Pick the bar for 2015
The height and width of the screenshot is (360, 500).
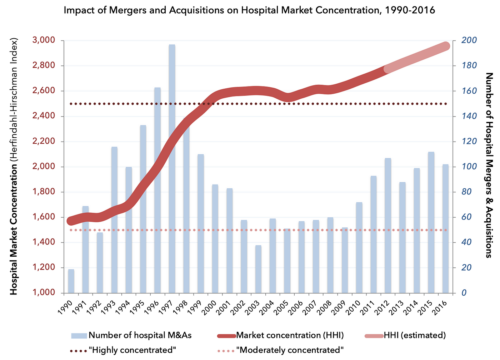[431, 222]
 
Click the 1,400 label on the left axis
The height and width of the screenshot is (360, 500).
[45, 242]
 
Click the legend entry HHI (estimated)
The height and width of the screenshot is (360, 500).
[415, 335]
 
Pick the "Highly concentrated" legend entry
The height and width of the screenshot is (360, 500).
[134, 350]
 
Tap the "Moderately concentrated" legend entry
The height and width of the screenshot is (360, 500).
[290, 350]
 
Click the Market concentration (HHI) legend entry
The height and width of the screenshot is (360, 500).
[290, 335]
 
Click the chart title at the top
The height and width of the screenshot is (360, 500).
[249, 10]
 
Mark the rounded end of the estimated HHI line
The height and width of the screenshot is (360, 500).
[446, 46]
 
